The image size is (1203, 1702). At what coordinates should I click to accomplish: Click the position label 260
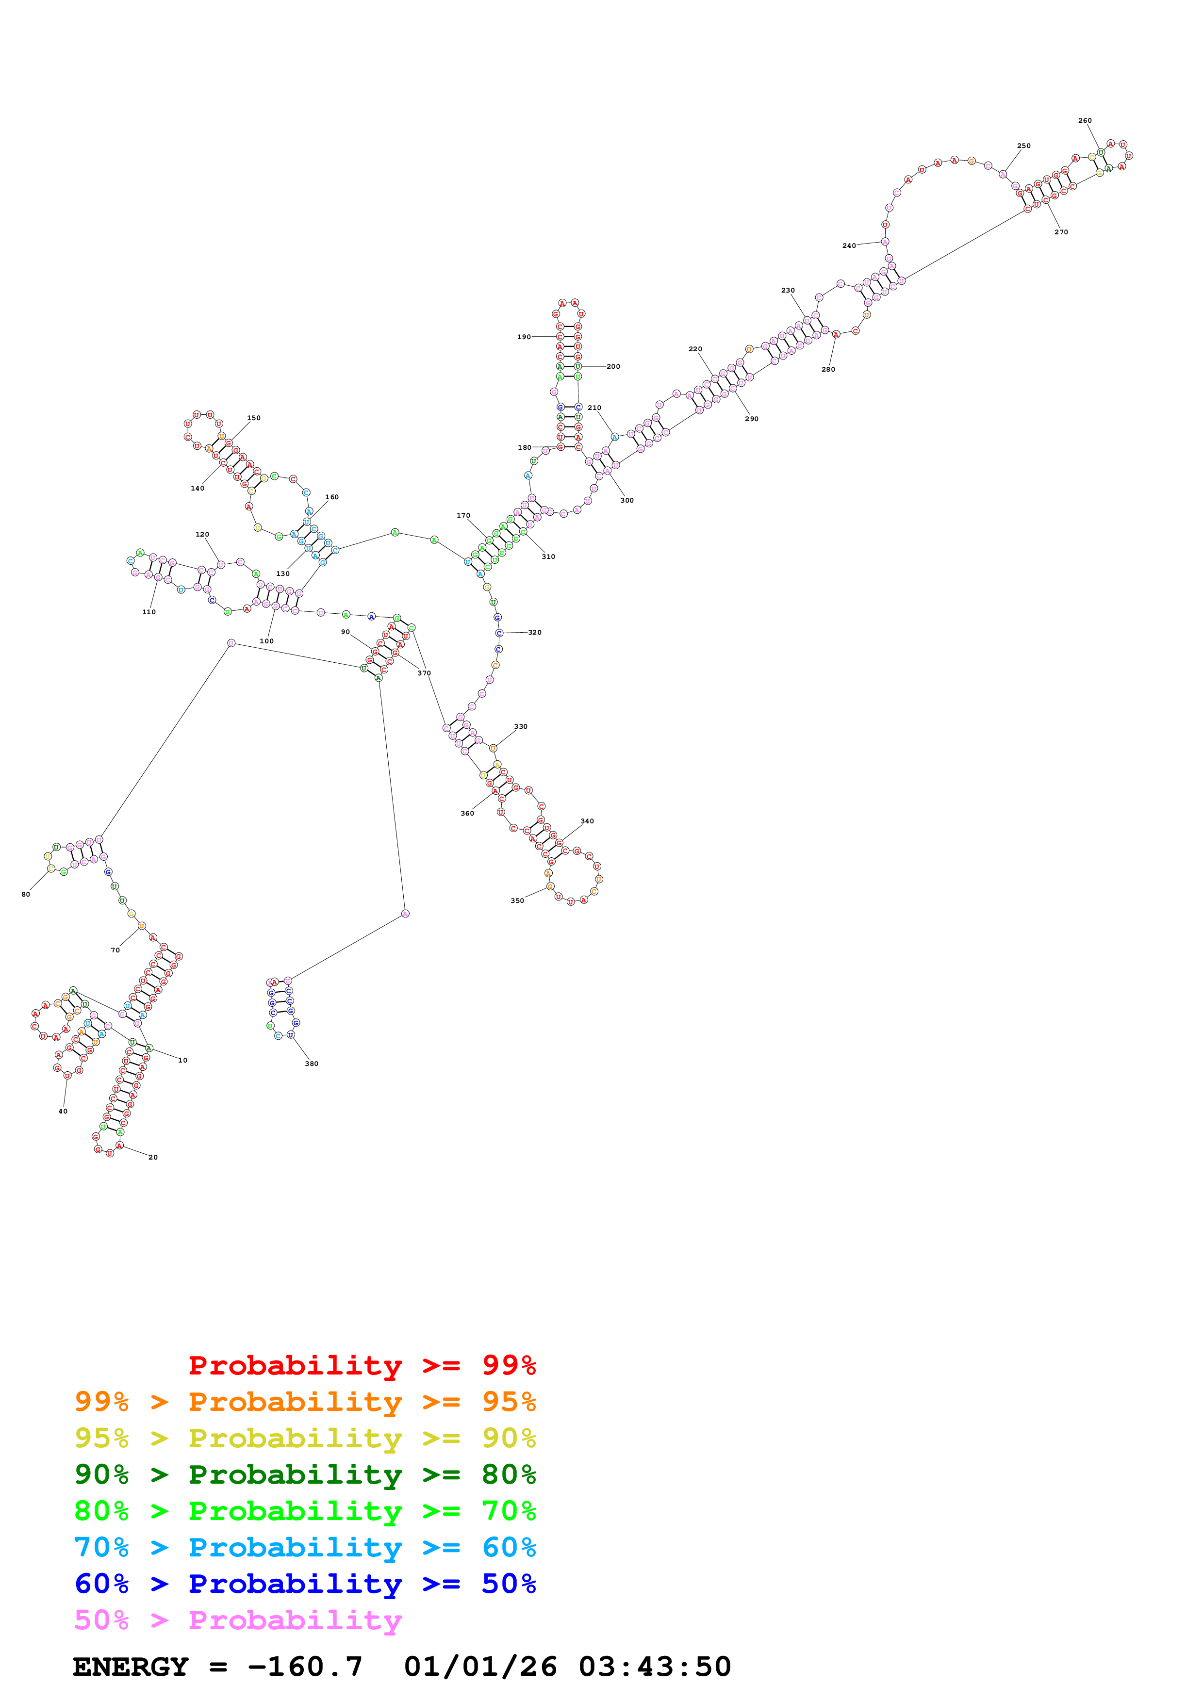coord(1085,120)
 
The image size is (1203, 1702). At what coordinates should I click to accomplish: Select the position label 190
coord(524,337)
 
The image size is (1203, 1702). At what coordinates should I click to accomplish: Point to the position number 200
coord(613,366)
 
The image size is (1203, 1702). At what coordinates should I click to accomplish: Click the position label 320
coord(534,632)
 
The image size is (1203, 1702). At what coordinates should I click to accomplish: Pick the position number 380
coord(312,1064)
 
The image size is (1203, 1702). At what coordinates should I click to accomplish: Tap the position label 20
coord(153,1157)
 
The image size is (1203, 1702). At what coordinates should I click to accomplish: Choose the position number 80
coord(26,894)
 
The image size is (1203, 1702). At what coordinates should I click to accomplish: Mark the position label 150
coord(253,418)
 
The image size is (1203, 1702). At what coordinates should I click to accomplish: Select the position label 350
coord(517,900)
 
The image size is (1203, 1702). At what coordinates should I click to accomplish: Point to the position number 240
coord(849,245)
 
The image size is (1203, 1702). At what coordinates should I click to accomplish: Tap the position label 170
coord(463,515)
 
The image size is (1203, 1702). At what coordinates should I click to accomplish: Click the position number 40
coord(63,1111)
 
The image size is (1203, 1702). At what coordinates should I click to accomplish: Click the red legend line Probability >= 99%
coord(362,1365)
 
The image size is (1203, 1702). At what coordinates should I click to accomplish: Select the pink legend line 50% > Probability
coord(237,1620)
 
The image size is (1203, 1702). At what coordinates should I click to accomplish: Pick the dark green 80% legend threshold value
coord(509,1474)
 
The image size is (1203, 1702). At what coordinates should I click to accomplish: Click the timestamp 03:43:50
coord(655,1667)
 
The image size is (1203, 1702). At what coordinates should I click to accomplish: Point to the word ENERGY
coord(131,1667)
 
